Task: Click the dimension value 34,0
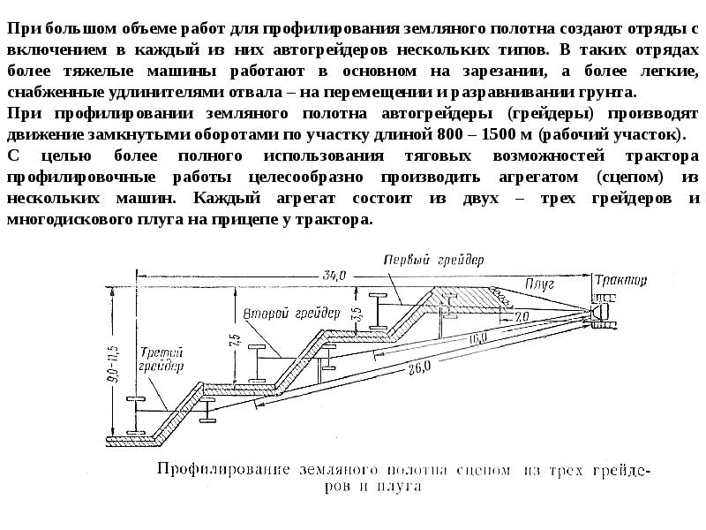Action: pos(334,275)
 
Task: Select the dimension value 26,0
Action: pos(420,368)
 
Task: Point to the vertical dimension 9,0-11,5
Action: pos(113,365)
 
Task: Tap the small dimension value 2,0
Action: pos(521,317)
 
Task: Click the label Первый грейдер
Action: pos(433,260)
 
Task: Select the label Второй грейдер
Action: pos(291,314)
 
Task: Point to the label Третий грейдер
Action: pos(161,359)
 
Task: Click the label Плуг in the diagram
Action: pos(539,284)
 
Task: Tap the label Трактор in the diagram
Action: pos(620,281)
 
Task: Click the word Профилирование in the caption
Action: pos(223,470)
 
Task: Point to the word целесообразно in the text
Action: pos(305,178)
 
